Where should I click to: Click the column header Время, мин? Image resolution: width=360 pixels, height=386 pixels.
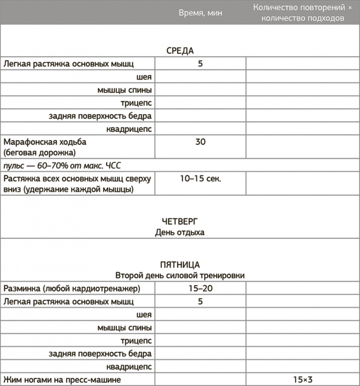tap(201, 13)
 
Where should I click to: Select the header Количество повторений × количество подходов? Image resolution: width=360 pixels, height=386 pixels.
tap(303, 13)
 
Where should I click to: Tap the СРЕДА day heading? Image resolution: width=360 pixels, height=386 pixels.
tap(180, 51)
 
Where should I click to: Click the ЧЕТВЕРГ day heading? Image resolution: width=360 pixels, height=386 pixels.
tap(180, 222)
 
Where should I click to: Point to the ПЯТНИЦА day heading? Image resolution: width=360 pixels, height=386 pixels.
tap(180, 265)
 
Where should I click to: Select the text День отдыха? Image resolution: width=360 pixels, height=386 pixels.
tap(180, 233)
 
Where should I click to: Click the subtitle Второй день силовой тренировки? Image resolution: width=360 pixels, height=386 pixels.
tap(180, 276)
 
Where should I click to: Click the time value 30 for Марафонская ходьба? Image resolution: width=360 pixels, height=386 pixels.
tap(201, 142)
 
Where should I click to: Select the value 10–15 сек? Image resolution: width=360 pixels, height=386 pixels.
tap(201, 178)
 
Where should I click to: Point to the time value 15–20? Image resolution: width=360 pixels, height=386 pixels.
tap(201, 289)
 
